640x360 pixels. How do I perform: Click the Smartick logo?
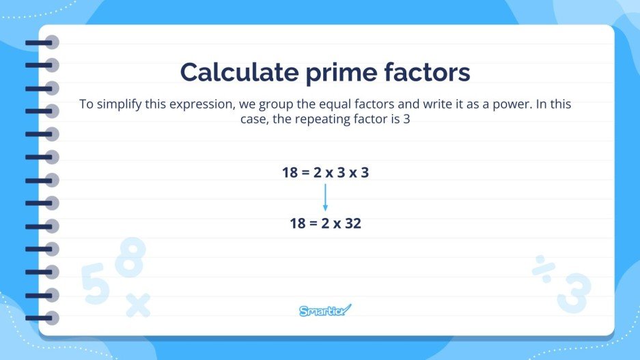click(x=325, y=311)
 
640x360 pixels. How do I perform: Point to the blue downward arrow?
click(x=325, y=198)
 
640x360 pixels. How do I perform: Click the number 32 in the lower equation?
click(x=353, y=223)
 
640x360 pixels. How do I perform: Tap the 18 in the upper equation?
click(x=290, y=173)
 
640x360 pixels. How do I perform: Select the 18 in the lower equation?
click(x=298, y=223)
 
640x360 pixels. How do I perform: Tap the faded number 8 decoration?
click(x=130, y=258)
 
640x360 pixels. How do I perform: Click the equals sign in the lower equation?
click(x=315, y=223)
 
